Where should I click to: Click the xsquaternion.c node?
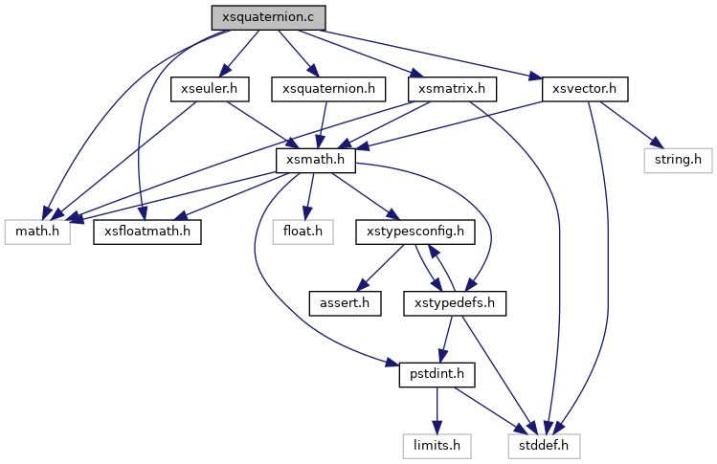[x=269, y=16]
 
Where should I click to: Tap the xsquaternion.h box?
[x=328, y=89]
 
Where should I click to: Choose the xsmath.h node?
[x=316, y=160]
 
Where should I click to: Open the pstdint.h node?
[x=432, y=374]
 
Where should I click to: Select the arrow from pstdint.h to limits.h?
[x=436, y=409]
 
